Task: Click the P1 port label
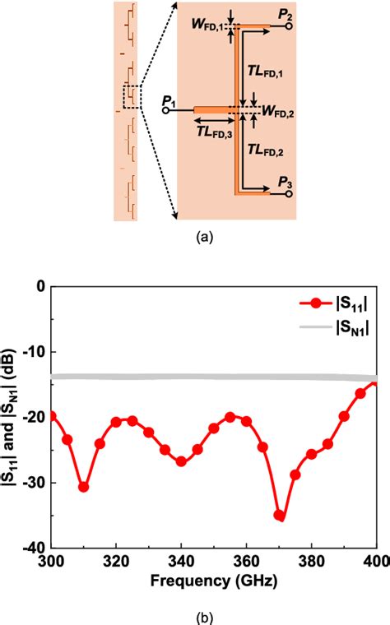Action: (x=169, y=100)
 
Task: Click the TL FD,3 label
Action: (x=214, y=130)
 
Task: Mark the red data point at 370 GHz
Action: (x=279, y=516)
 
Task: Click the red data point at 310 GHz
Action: (x=83, y=487)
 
